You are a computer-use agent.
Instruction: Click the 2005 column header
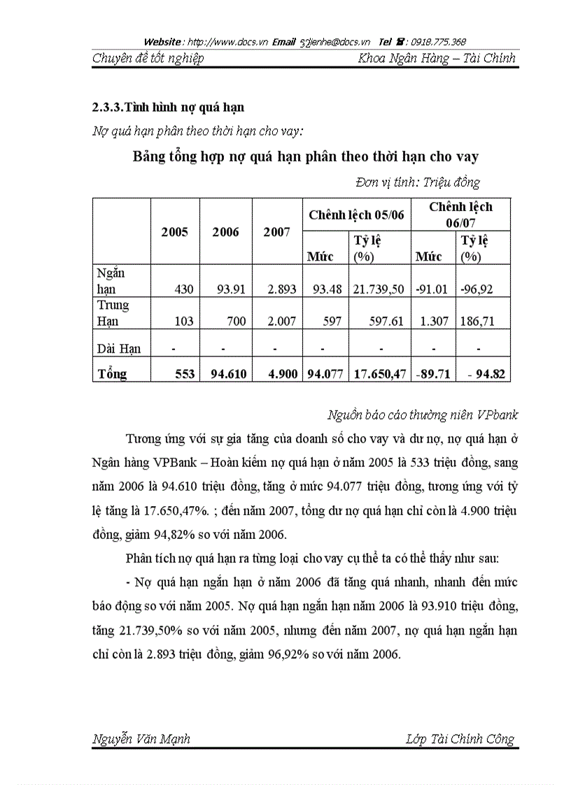click(174, 232)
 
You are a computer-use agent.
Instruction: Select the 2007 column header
click(276, 232)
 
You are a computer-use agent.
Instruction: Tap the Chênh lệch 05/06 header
click(356, 215)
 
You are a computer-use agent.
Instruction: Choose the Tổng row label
click(113, 373)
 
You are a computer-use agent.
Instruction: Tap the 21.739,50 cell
click(378, 289)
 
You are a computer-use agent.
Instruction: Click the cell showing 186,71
click(479, 321)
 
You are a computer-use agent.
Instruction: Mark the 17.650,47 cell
click(378, 373)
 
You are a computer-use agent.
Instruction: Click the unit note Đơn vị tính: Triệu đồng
click(417, 182)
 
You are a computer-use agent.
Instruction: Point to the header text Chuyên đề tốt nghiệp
click(148, 58)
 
